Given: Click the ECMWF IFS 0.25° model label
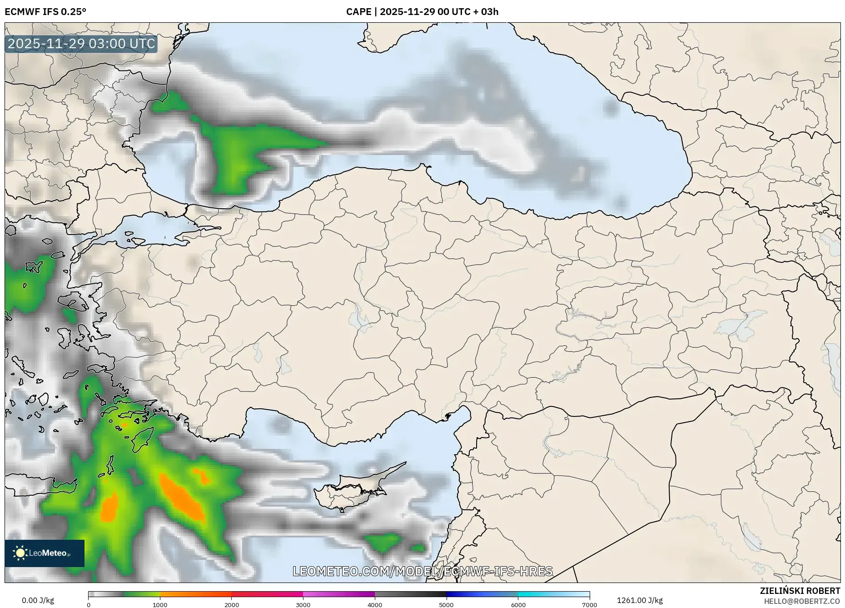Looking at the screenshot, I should coord(45,12).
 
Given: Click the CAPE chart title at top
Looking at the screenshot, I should coord(422,12).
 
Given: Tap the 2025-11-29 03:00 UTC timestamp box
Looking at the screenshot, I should coord(82,44).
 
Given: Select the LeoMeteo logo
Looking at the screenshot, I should coord(45,553).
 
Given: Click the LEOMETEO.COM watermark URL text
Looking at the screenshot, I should coord(422,571).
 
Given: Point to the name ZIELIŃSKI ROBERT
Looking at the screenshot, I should coord(800,591).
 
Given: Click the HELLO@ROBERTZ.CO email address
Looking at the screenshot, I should coord(802,601).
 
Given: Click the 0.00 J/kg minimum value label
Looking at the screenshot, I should coord(38,600).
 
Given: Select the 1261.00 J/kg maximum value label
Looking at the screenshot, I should coord(639,600).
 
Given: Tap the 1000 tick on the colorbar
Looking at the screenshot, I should coord(160,605).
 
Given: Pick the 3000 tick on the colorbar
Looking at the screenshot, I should coord(303,605).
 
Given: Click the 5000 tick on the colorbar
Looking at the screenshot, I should coord(446,605).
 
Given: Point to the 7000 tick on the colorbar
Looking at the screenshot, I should coord(589,605).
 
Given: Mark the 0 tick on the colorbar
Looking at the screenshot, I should coord(89,605).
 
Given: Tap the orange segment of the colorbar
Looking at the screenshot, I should coord(195,594).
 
